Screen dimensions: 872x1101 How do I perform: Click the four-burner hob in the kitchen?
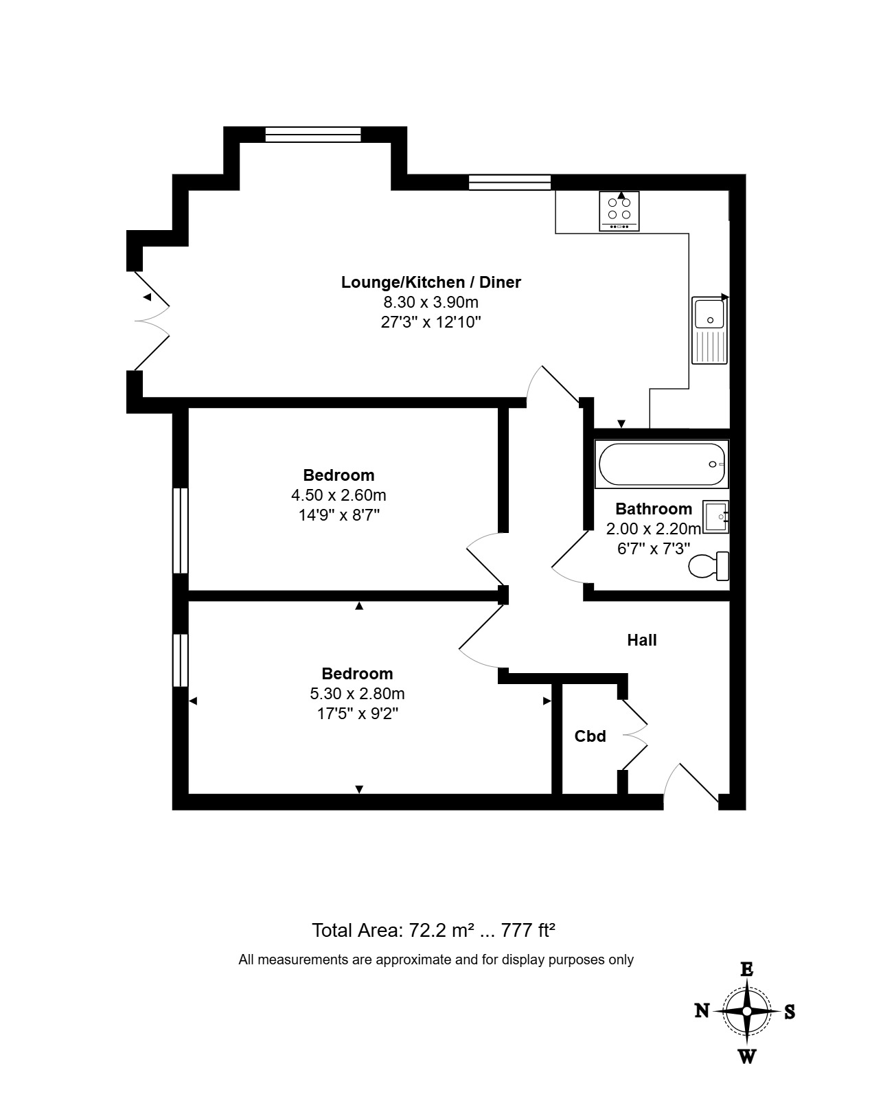click(x=619, y=212)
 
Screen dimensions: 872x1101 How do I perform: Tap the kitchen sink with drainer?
click(x=709, y=330)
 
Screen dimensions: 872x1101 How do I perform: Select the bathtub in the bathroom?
click(x=662, y=464)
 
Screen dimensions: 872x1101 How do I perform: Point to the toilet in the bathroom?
click(x=709, y=566)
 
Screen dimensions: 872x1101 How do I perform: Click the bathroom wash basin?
click(x=715, y=517)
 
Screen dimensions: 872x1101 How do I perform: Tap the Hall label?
click(x=642, y=640)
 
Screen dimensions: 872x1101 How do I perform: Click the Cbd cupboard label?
click(x=590, y=736)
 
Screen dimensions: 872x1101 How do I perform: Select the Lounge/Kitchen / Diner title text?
click(x=431, y=282)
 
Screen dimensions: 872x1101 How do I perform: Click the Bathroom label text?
click(x=654, y=509)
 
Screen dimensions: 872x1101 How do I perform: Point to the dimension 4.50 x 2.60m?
click(x=339, y=495)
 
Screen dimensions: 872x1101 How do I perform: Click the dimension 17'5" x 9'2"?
click(x=358, y=713)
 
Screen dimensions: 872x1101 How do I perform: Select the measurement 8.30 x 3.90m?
click(x=431, y=302)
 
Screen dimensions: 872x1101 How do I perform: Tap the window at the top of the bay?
click(x=313, y=135)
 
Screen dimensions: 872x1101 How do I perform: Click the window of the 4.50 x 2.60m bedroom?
click(x=181, y=530)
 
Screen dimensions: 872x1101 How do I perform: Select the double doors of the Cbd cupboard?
click(x=634, y=735)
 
